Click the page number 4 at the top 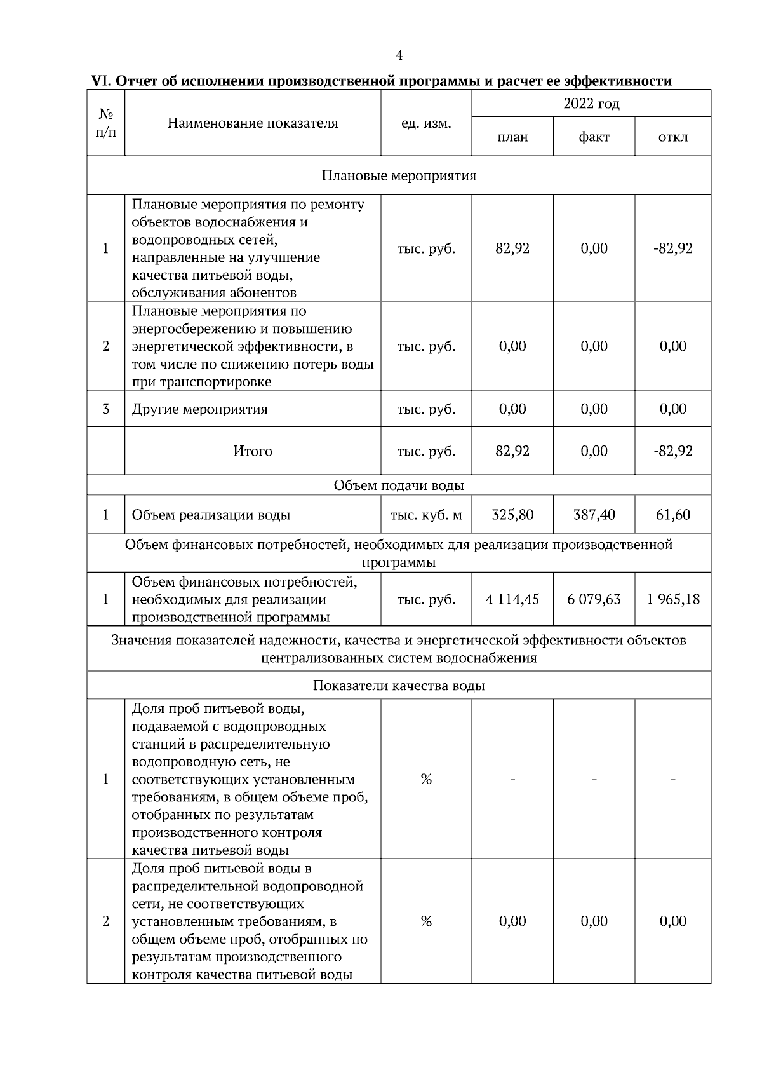(x=399, y=56)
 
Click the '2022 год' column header (x=591, y=103)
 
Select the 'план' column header (x=512, y=137)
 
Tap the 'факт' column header (x=594, y=137)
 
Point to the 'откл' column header (x=673, y=137)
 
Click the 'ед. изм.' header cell (x=426, y=123)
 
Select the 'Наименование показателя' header (x=253, y=123)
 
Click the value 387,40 (x=594, y=515)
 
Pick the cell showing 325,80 (x=512, y=515)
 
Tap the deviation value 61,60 (x=673, y=515)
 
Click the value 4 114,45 (x=512, y=599)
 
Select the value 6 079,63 (x=594, y=599)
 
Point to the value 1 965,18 (x=673, y=599)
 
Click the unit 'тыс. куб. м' (x=426, y=515)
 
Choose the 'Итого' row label (x=253, y=451)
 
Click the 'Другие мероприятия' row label (x=199, y=409)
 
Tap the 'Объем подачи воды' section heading (x=399, y=485)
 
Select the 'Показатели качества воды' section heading (x=399, y=686)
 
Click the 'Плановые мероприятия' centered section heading (x=399, y=175)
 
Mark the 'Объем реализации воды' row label (x=211, y=515)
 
